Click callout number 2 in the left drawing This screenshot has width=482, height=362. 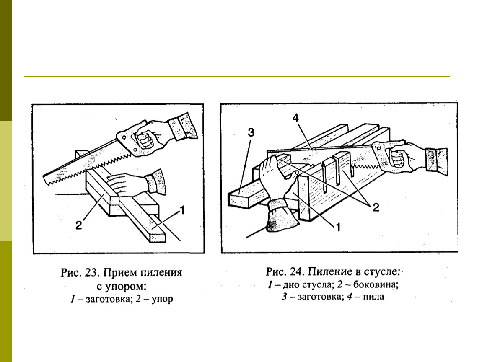(x=78, y=225)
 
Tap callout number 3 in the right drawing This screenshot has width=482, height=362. (x=251, y=133)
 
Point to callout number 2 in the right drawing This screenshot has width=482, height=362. (x=376, y=207)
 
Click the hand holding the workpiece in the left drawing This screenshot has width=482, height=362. (x=126, y=183)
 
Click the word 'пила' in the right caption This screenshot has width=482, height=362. (x=375, y=298)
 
